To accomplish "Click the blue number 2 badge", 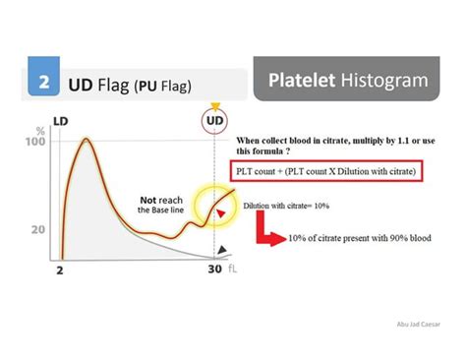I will click(x=44, y=84).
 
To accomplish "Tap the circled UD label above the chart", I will click(x=214, y=121).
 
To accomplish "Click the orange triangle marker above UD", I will click(x=214, y=105).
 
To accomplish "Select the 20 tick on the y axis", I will click(x=38, y=229).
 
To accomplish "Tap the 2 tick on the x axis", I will click(x=60, y=270).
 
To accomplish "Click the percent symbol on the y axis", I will click(x=39, y=129).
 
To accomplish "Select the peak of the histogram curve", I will click(x=86, y=141).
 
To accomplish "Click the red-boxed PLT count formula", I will click(x=328, y=172).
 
